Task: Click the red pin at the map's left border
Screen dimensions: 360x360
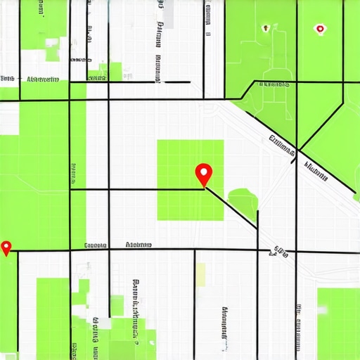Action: [7, 247]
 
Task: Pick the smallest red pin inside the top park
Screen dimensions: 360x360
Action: [320, 30]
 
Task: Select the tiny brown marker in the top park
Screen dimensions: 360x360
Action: [265, 29]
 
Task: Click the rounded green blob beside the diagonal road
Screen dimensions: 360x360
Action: [243, 201]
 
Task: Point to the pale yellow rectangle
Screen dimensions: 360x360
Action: [200, 274]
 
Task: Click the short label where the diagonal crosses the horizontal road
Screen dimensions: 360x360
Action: [281, 250]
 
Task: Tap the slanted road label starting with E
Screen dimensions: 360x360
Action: [281, 144]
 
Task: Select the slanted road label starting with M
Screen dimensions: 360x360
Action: [316, 171]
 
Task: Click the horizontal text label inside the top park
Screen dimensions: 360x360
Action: [274, 84]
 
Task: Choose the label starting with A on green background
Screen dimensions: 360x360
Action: [42, 79]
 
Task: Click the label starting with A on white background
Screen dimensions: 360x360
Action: [138, 245]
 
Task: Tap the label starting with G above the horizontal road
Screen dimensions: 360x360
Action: [94, 245]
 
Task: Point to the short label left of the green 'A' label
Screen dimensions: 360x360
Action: [8, 79]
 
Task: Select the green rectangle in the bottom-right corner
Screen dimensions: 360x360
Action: [337, 320]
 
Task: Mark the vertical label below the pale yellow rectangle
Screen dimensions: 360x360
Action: [225, 327]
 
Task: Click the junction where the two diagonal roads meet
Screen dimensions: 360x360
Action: [298, 149]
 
